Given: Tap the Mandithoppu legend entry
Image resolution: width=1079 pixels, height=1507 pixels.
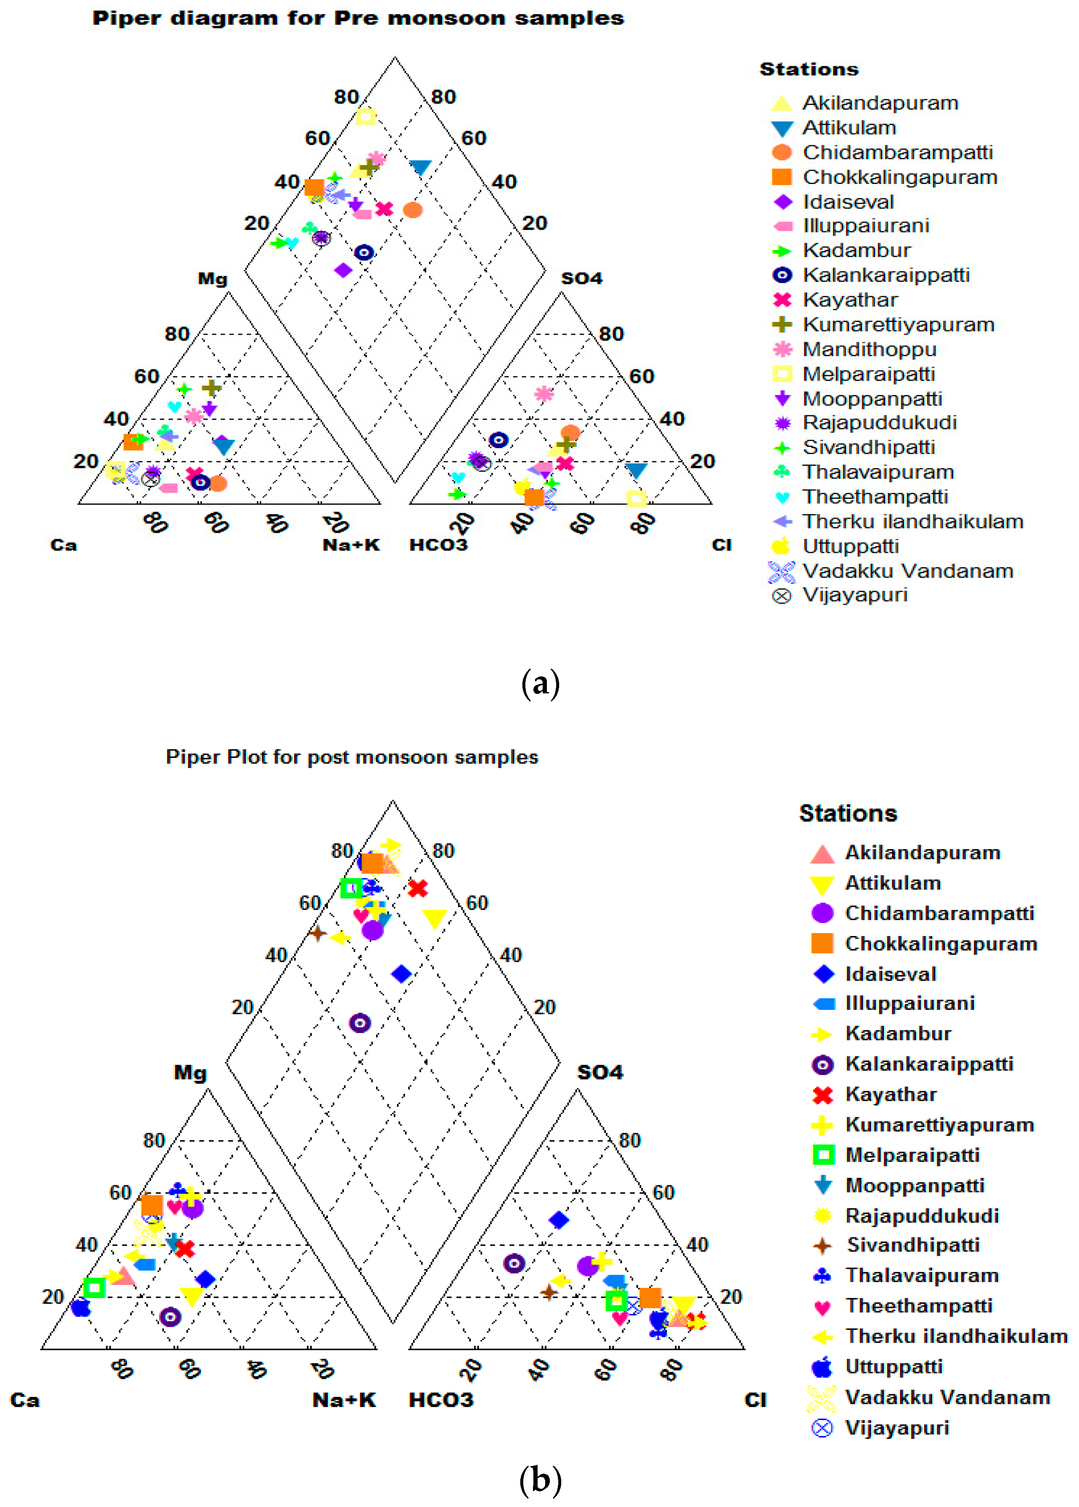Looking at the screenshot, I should tap(869, 349).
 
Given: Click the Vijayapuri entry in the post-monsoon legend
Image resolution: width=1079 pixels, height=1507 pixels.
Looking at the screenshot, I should tap(896, 1428).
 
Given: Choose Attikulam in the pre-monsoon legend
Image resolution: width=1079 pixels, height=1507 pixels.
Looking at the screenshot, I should tap(849, 127).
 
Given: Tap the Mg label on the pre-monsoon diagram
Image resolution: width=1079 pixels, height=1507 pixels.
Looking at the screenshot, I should tap(213, 279).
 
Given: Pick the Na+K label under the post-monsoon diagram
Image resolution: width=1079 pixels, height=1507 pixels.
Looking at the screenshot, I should tap(344, 1400).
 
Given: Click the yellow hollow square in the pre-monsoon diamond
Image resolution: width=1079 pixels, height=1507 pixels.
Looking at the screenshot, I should tap(365, 117).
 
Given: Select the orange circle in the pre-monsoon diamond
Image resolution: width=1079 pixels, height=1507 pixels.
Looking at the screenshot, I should tap(413, 210).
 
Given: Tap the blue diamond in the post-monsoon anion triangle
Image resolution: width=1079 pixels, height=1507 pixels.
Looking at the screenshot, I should tap(559, 1220).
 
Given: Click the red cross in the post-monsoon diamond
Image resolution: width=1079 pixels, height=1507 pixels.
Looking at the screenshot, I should tap(417, 888).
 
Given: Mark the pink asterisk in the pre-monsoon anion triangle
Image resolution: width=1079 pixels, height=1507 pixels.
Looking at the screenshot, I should tap(544, 394).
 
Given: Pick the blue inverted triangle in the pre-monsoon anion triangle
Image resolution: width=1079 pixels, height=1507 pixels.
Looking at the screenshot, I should tap(636, 471).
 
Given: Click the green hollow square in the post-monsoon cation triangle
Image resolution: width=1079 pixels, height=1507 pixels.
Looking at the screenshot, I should tap(95, 1288).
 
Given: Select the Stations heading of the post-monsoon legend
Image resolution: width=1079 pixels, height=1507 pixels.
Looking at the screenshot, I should tap(848, 813).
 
